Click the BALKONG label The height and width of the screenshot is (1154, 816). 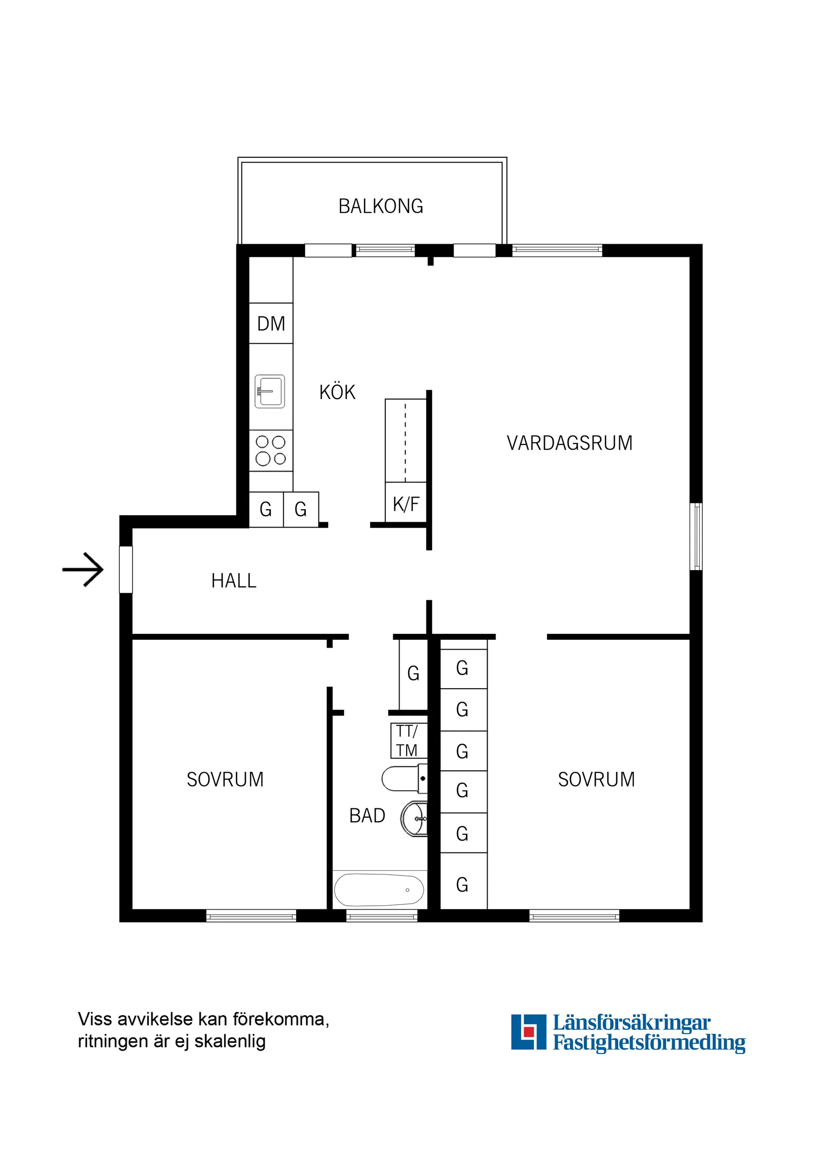coord(381,206)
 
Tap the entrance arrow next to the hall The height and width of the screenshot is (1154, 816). coord(84,570)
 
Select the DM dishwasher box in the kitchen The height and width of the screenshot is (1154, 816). coord(271,323)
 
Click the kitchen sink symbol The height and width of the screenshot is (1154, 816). coord(270,391)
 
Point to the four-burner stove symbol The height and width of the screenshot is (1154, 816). coord(271,450)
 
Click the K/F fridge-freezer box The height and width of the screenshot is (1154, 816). coord(406,503)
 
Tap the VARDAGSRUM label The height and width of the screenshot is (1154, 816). coord(569,443)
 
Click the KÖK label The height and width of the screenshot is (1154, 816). coord(337,392)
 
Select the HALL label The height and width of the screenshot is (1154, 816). coord(234,580)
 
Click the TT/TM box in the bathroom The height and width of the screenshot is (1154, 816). coord(408,740)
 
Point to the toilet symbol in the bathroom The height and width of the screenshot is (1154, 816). coord(404,779)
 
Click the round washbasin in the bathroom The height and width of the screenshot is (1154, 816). coord(415,818)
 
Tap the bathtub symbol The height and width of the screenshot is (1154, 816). coord(380,889)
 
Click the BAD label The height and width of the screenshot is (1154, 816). coord(367,815)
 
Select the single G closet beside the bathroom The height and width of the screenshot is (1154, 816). coord(413,673)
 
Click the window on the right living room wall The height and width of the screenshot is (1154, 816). coord(696,536)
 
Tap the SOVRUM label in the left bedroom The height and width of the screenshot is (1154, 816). coord(225,779)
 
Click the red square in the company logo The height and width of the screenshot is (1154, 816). coord(528,1031)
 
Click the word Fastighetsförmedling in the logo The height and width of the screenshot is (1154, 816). coord(648,1042)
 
